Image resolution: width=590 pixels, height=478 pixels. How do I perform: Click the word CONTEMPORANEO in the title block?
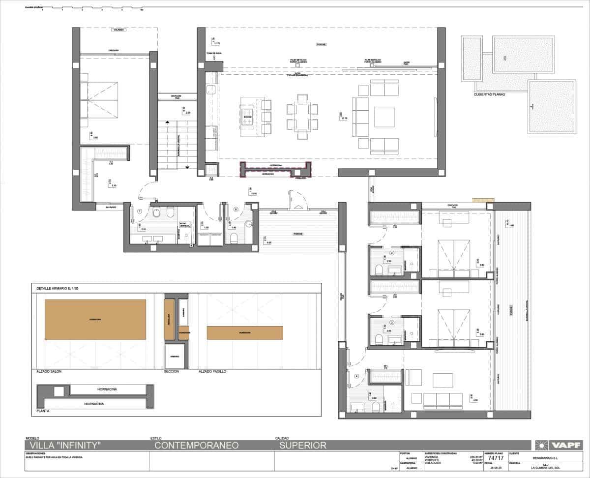click(197, 446)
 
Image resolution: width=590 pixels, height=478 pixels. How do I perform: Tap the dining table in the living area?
click(302, 117)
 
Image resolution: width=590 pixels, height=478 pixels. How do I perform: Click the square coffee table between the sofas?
click(384, 117)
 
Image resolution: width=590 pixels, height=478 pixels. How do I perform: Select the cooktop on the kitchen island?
click(246, 117)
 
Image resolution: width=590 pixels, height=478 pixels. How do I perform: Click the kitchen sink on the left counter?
click(211, 90)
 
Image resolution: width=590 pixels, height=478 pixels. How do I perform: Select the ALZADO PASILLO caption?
click(212, 372)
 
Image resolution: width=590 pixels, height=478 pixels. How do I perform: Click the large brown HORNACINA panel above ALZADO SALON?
click(95, 319)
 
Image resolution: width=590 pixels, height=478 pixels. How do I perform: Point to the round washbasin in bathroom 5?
click(249, 223)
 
